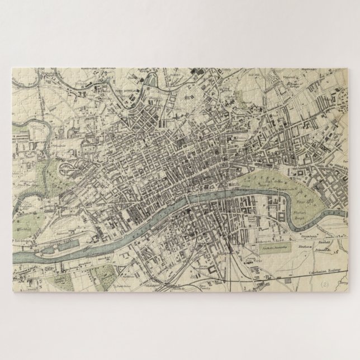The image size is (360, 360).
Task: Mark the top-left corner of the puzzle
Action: click(12, 66)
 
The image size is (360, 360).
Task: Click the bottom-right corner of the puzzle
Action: click(348, 293)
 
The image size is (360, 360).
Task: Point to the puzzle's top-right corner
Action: click(348, 66)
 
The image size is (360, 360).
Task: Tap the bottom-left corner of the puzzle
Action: click(12, 293)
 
